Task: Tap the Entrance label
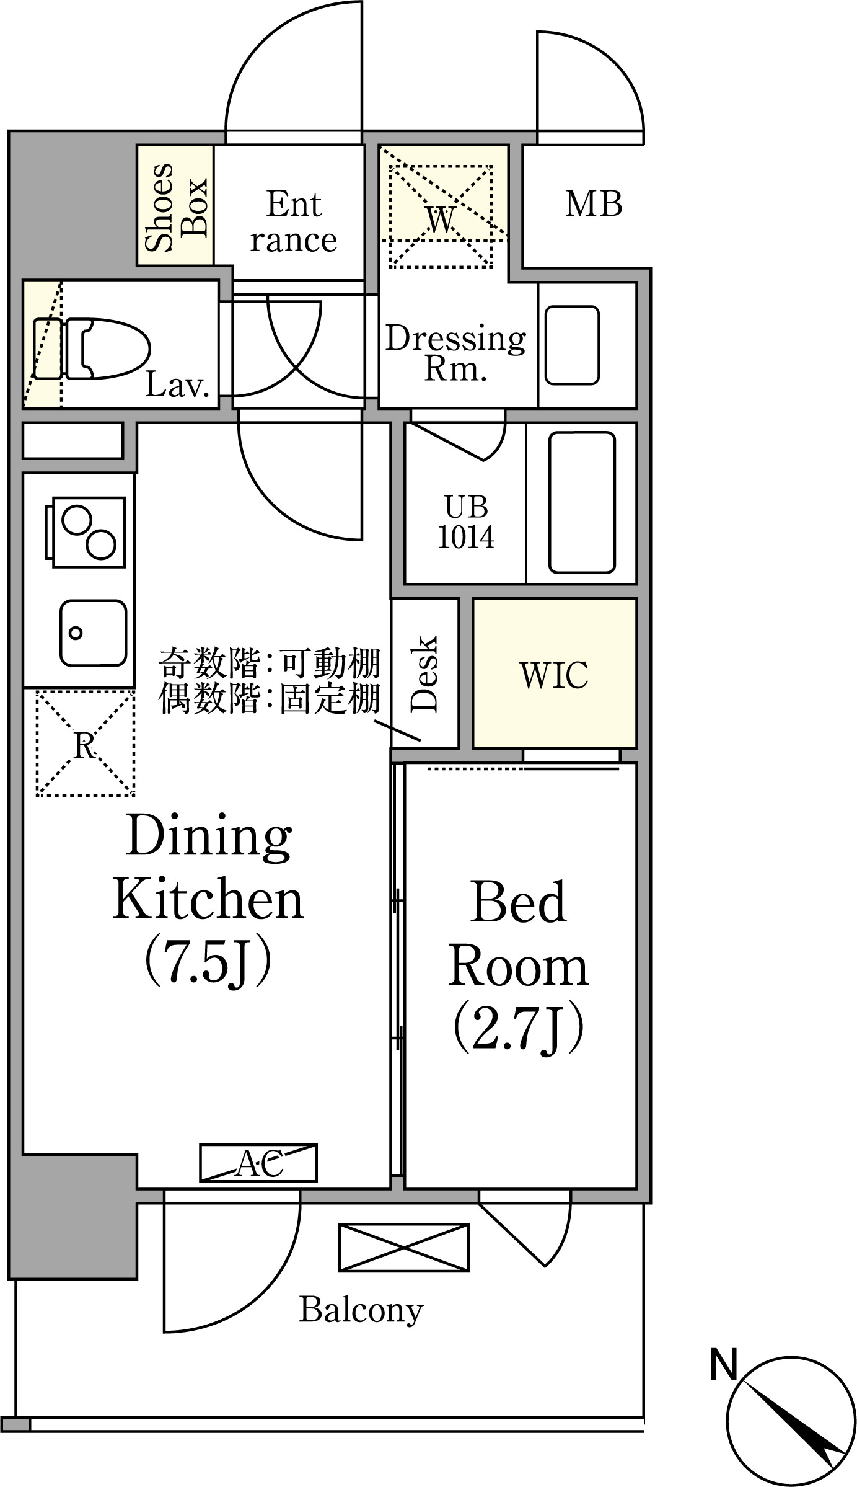pyautogui.click(x=294, y=222)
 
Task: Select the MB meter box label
pyautogui.click(x=594, y=204)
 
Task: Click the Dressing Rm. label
pyautogui.click(x=455, y=352)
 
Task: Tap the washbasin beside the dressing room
pyautogui.click(x=572, y=345)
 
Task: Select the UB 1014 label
pyautogui.click(x=466, y=522)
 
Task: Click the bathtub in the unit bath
pyautogui.click(x=582, y=502)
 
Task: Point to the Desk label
pyautogui.click(x=424, y=673)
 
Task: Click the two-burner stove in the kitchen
pyautogui.click(x=84, y=532)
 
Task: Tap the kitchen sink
pyautogui.click(x=93, y=633)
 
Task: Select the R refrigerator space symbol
pyautogui.click(x=86, y=743)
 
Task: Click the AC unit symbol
pyautogui.click(x=258, y=1163)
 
